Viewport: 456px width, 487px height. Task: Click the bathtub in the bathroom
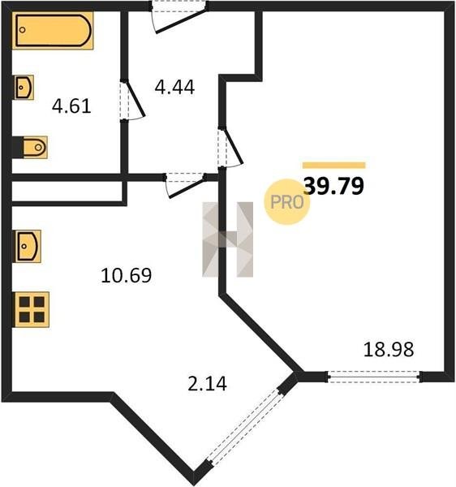(53, 31)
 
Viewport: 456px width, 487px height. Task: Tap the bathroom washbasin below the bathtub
(24, 88)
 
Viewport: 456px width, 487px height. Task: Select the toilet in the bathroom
(30, 147)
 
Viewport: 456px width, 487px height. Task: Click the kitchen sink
(27, 246)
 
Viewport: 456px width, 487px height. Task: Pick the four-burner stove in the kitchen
(31, 310)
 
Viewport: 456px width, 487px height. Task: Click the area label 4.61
(71, 106)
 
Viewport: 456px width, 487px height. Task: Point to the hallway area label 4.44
(174, 88)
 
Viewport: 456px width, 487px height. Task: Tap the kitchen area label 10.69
(126, 275)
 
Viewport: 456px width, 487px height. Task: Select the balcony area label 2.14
(208, 383)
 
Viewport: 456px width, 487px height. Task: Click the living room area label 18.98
(389, 349)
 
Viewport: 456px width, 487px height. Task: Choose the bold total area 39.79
(333, 186)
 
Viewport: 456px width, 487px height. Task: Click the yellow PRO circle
(286, 202)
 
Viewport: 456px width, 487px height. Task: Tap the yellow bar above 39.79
(334, 166)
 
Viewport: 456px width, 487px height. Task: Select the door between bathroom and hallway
(134, 100)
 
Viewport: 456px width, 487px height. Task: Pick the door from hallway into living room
(230, 147)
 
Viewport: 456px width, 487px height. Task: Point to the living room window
(374, 377)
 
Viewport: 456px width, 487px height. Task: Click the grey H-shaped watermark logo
(227, 239)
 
